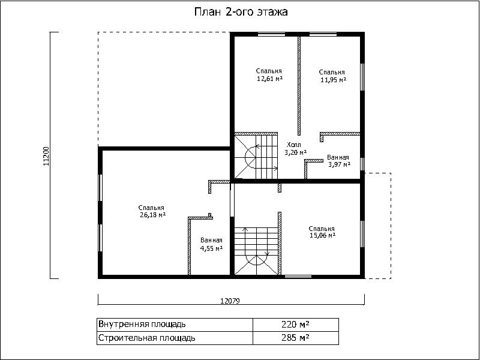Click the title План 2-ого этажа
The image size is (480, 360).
coord(241,12)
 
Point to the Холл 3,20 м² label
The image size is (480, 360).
coord(295,148)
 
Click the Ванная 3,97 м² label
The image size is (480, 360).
coord(338,161)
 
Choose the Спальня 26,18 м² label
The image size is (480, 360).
coord(152,211)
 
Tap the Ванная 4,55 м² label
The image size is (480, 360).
coord(211,244)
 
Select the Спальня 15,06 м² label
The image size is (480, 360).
coord(322,232)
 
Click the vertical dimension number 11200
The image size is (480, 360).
coord(46,156)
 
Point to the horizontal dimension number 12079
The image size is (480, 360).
coord(230,301)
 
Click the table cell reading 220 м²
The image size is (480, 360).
coord(295,324)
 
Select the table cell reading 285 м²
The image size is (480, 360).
coord(295,338)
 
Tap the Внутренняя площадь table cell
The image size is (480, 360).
coord(175,324)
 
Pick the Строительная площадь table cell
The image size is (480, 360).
coord(175,338)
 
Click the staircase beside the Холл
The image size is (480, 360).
coord(256,156)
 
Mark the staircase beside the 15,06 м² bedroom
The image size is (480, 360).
coord(257,251)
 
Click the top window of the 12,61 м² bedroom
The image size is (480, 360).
coord(271,34)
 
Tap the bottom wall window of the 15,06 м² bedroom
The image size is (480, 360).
coord(298,277)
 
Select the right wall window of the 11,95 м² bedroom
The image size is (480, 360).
coord(362,77)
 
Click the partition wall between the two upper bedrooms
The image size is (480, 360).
coord(299,86)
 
